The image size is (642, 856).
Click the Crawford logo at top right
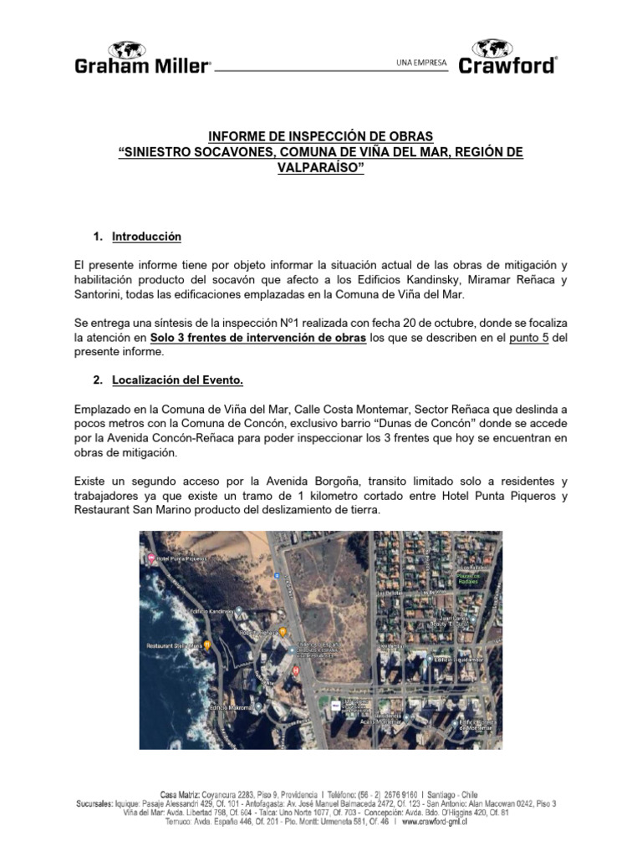[507, 57]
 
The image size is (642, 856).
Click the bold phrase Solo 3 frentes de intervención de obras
[258, 338]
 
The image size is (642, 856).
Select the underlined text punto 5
[528, 338]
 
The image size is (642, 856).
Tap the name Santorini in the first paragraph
[100, 295]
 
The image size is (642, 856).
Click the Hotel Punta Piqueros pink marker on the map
[150, 557]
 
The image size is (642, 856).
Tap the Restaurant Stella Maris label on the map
[174, 646]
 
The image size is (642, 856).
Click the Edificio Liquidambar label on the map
[456, 658]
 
